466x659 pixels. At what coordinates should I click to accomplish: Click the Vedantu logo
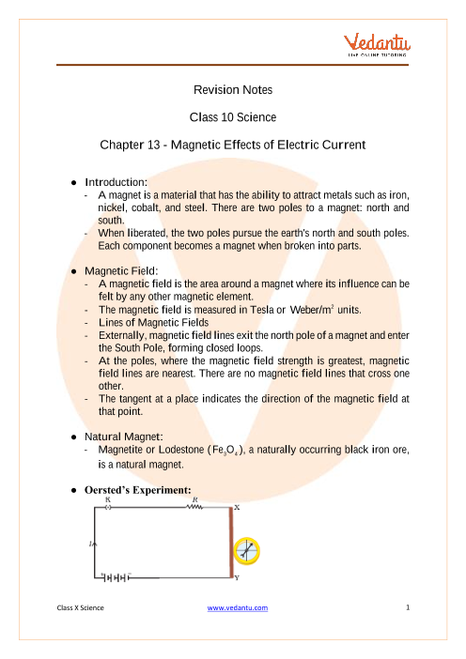pos(377,44)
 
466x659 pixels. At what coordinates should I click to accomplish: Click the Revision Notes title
pos(233,90)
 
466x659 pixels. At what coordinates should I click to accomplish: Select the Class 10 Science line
pos(233,117)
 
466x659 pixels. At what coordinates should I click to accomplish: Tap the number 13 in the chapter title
pos(153,145)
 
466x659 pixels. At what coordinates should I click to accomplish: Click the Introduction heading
pos(116,182)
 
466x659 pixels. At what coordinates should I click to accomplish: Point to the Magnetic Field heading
pos(121,271)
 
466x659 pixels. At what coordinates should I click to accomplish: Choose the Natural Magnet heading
pos(124,437)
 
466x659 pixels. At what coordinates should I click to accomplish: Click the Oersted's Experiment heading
pos(138,490)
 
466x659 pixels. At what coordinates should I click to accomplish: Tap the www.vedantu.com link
pos(238,607)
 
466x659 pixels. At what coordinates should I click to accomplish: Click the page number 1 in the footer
pos(408,607)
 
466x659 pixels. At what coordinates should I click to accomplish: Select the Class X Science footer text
pos(81,607)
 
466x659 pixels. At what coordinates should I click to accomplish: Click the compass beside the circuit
pos(247,550)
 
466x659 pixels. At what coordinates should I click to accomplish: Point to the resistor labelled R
pos(194,507)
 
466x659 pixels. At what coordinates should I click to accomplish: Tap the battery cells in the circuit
pos(116,578)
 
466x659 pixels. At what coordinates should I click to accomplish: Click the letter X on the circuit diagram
pos(237,508)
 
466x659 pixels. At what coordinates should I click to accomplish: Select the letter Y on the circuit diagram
pos(237,578)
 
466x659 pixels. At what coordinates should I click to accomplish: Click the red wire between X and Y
pos(231,543)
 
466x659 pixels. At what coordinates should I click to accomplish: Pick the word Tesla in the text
pos(262,310)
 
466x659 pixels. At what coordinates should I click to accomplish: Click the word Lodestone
pos(181,450)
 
